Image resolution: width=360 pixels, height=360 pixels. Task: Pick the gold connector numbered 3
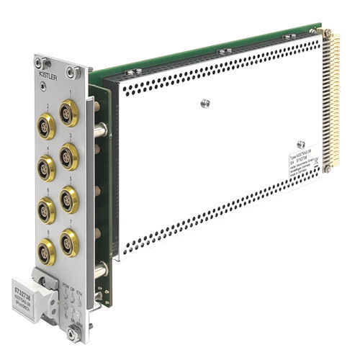(x=69, y=154)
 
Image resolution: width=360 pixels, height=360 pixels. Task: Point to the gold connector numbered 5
(x=69, y=198)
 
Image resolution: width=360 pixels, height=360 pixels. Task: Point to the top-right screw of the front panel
(x=71, y=71)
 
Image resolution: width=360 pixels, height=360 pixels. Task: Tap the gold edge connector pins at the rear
(x=333, y=101)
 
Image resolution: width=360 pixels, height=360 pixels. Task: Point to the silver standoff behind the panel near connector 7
(x=99, y=269)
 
